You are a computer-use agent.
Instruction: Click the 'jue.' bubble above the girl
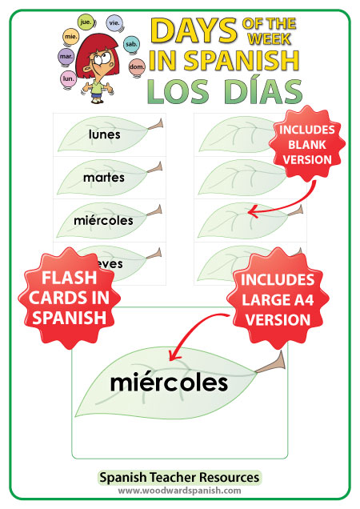coord(86,22)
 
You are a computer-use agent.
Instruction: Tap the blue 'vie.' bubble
coord(114,22)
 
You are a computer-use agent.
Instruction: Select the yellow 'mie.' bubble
coord(70,36)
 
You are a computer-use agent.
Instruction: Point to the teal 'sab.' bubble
coord(131,43)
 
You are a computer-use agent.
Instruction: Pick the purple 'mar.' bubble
coord(66,56)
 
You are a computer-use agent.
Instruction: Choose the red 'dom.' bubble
coord(137,66)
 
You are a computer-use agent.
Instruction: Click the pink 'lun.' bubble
coord(68,78)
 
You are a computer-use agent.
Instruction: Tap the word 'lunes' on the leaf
coord(105,134)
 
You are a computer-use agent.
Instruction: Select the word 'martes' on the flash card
coord(104,178)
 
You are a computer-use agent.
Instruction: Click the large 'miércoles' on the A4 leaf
coord(169,383)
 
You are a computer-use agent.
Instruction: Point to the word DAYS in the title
coord(194,30)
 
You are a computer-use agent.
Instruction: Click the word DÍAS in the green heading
coord(263,91)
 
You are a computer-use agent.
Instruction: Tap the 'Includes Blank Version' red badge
coord(306,144)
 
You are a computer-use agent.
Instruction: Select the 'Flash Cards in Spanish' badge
coord(69,298)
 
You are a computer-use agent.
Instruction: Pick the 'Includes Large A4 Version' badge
coord(278,299)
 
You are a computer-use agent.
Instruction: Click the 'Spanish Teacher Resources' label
coord(179,478)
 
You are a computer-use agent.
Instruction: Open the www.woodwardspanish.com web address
coord(179,491)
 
